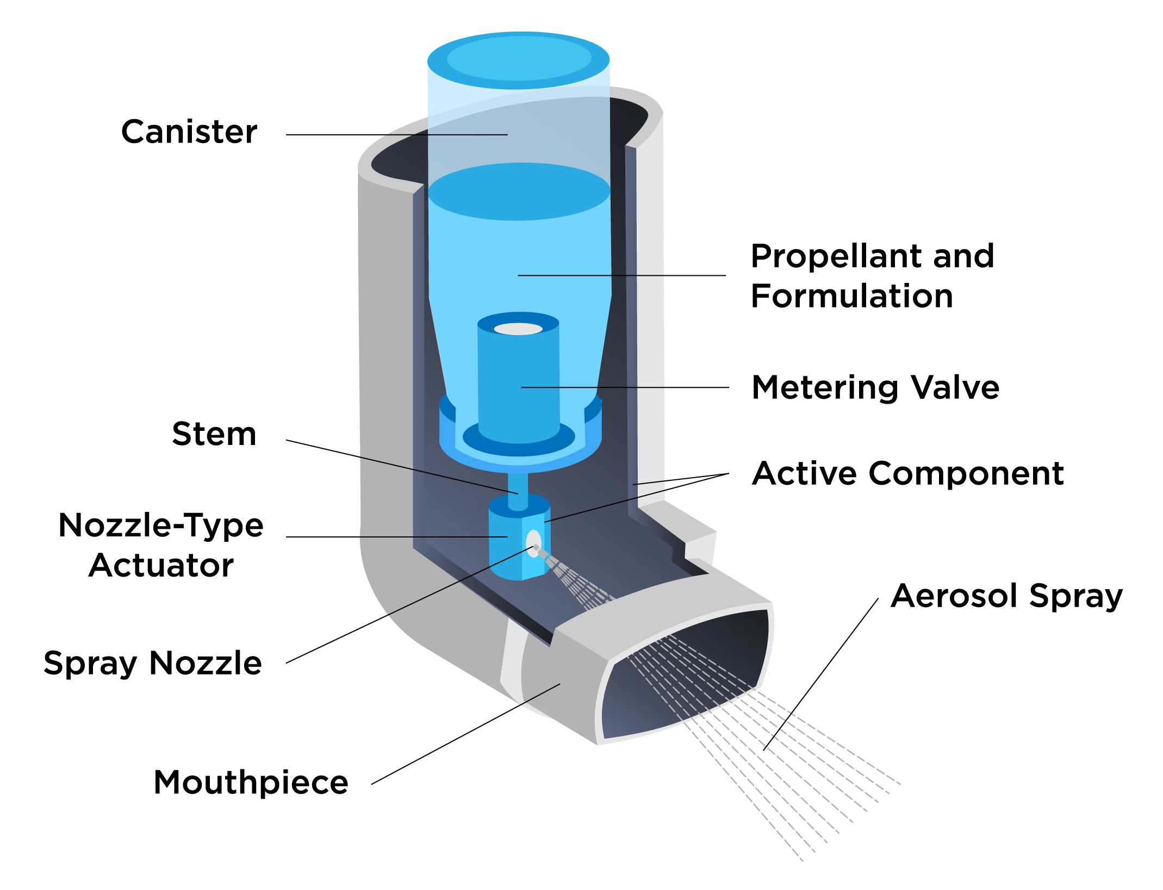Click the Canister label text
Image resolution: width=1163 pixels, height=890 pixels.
coord(189,132)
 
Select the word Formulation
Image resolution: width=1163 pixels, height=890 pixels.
coord(851,296)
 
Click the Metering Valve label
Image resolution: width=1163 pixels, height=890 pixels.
coord(875,388)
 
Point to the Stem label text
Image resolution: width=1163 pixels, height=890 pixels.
coord(214,434)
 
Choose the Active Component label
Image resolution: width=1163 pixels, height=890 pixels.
coord(907,473)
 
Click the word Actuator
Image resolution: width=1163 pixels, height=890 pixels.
coord(161,565)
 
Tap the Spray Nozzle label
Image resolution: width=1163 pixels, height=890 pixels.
coord(152,663)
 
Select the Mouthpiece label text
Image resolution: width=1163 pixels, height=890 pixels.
coord(251,782)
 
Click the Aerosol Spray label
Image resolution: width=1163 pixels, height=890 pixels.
coord(1006,596)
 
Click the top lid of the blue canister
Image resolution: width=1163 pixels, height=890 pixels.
coord(518,59)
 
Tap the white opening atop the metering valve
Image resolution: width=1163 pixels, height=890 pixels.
coord(518,329)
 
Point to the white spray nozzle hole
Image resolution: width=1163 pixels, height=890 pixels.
coord(533,543)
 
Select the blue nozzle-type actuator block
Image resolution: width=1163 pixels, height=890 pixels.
coord(506,549)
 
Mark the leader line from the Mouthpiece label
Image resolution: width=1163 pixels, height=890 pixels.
coord(465,734)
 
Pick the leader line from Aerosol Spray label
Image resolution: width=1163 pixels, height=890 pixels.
coord(821,675)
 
